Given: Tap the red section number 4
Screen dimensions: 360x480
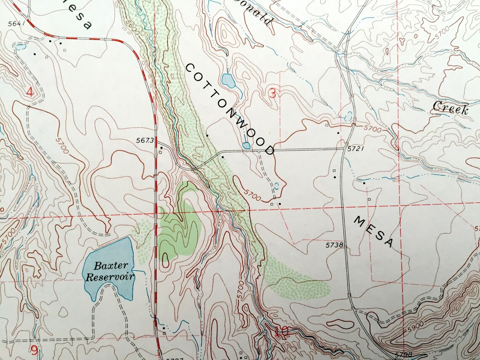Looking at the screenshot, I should [x=30, y=92].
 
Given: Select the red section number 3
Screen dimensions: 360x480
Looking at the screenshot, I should [x=273, y=93].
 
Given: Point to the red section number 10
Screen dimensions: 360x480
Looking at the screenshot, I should [x=282, y=333].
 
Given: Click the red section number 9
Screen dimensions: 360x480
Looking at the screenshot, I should [x=34, y=349].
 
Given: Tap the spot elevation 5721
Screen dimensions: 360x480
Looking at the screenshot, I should [x=355, y=149].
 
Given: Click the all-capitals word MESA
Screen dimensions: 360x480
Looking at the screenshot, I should [x=374, y=231].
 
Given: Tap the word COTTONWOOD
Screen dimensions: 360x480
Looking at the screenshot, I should [x=229, y=109].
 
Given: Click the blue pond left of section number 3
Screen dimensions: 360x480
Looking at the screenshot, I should [x=228, y=80].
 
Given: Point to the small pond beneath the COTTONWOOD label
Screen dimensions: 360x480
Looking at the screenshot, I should [x=247, y=146].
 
